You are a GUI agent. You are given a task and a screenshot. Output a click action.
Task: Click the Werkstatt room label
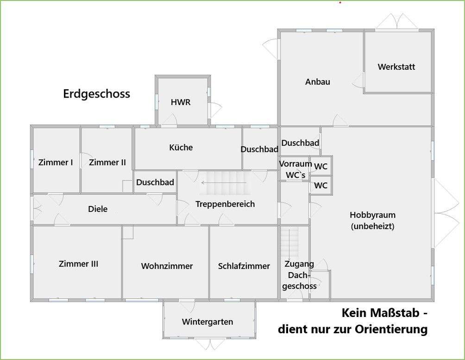[x=396, y=67]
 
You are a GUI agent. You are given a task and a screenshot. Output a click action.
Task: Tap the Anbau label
[x=318, y=81]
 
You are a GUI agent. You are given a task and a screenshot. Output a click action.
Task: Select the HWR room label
[x=181, y=102]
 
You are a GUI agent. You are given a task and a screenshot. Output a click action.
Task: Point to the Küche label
[x=181, y=148]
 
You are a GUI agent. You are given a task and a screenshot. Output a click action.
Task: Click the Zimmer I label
[x=56, y=162]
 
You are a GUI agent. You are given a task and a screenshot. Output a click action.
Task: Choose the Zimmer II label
[x=107, y=162]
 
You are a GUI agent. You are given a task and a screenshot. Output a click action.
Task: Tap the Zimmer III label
[x=78, y=264]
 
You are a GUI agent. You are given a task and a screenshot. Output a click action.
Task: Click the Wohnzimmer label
[x=167, y=266]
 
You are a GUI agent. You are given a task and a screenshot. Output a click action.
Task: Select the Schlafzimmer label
[x=244, y=266]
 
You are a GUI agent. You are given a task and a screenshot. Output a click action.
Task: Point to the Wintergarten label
[x=207, y=322]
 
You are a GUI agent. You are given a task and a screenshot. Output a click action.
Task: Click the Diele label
[x=98, y=209]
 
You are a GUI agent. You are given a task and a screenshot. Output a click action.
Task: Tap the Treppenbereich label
[x=225, y=204]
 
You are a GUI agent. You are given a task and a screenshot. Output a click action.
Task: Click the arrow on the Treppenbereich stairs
[x=211, y=183]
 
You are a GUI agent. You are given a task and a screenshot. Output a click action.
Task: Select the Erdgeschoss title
[x=96, y=94]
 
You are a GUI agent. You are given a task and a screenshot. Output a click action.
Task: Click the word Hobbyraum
[x=372, y=215]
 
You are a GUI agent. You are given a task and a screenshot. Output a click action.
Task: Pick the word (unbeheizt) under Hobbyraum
[x=372, y=226]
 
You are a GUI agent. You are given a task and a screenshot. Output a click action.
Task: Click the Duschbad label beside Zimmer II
[x=155, y=182]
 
